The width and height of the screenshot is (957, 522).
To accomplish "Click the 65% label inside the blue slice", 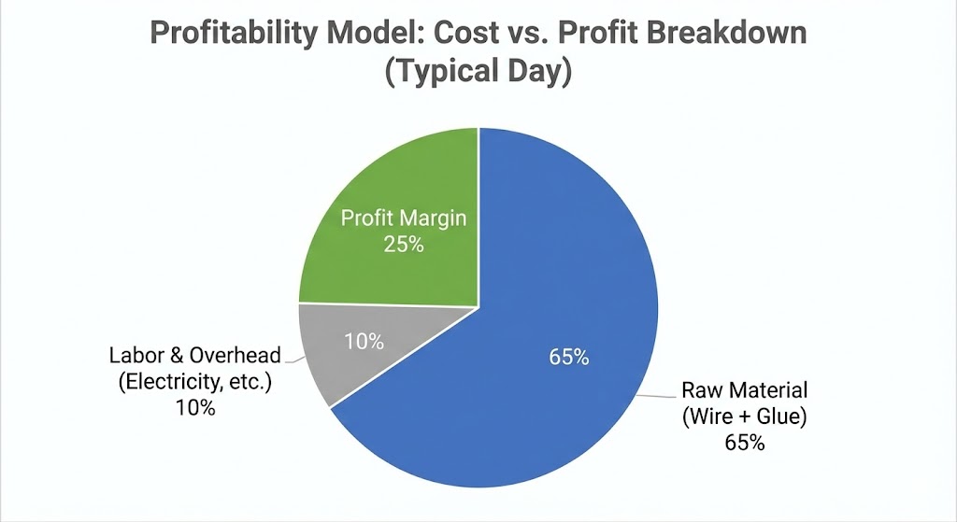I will pyautogui.click(x=568, y=357).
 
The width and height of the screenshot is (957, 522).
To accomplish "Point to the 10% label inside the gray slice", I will pyautogui.click(x=364, y=342).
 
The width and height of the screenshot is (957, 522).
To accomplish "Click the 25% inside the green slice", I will pyautogui.click(x=403, y=246).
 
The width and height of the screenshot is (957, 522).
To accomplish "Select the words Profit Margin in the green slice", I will pyautogui.click(x=403, y=219).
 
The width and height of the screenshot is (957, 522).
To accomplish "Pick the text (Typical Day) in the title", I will pyautogui.click(x=478, y=73).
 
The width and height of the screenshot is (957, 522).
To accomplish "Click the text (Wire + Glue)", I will pyautogui.click(x=744, y=416).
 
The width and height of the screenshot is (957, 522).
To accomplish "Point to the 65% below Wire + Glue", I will pyautogui.click(x=744, y=443).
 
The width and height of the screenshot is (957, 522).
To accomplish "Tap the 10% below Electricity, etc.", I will pyautogui.click(x=195, y=408).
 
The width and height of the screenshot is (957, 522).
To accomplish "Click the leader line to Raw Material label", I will pyautogui.click(x=656, y=395).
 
